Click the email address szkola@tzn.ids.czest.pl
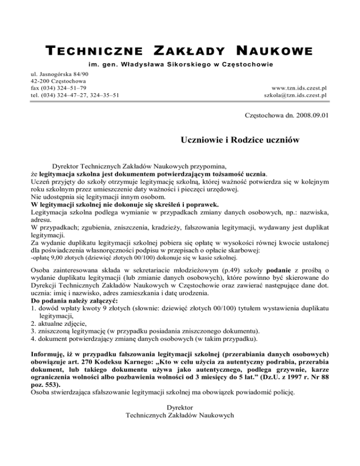click(295, 95)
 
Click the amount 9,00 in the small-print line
click(56, 257)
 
